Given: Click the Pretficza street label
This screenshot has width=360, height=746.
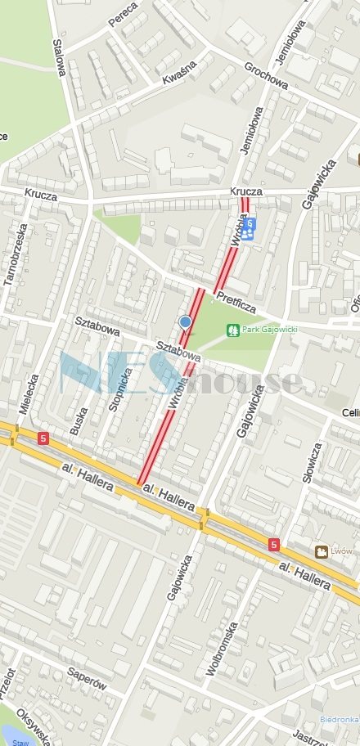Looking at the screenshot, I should (238, 304).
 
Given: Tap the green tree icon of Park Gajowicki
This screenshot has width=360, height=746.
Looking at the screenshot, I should (232, 330).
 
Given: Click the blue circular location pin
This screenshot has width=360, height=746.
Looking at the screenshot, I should (186, 322).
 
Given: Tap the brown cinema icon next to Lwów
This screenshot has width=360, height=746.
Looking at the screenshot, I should (322, 552).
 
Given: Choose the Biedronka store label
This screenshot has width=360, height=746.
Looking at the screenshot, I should (339, 718).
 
